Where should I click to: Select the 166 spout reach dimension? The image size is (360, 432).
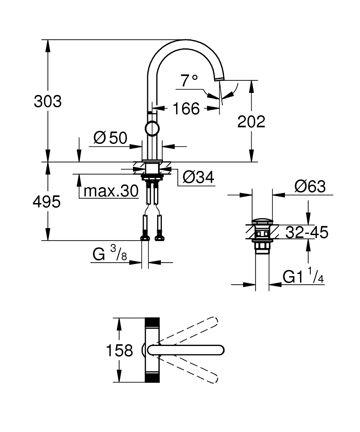tap(186, 109)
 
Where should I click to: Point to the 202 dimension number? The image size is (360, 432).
tap(251, 122)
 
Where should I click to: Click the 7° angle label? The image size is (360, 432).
tap(189, 81)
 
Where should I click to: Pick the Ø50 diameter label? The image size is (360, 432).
tap(110, 138)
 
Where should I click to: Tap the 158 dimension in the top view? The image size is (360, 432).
tap(120, 350)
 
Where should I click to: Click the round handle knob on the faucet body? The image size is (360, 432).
tap(152, 128)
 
